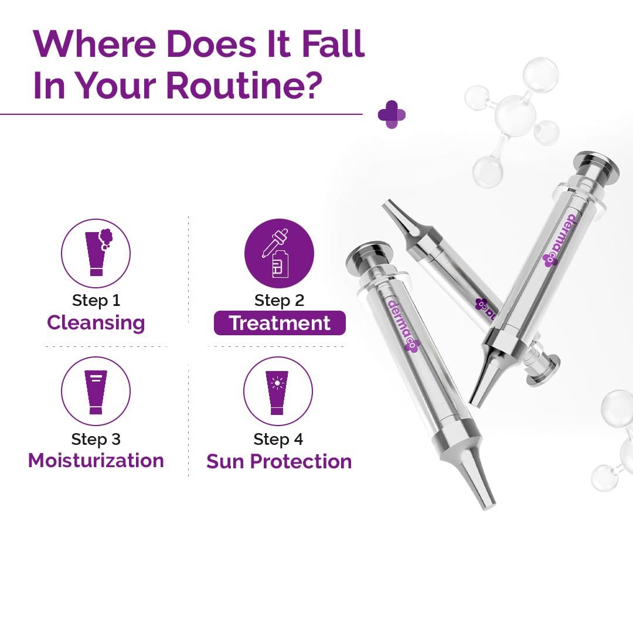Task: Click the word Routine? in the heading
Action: pyautogui.click(x=244, y=85)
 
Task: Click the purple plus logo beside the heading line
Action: pyautogui.click(x=392, y=115)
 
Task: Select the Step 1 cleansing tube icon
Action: pyautogui.click(x=96, y=253)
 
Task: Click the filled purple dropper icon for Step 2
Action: pyautogui.click(x=279, y=253)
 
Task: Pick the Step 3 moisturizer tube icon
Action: pyautogui.click(x=96, y=391)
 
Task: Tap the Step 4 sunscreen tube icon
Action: pyautogui.click(x=278, y=391)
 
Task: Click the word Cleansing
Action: pyautogui.click(x=96, y=324)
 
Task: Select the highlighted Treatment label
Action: pyautogui.click(x=280, y=323)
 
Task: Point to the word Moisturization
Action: pyautogui.click(x=96, y=461)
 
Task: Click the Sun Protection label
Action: pyautogui.click(x=279, y=461)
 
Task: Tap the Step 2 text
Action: pyautogui.click(x=279, y=301)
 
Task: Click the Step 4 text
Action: pyautogui.click(x=278, y=439)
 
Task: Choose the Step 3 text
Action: pyautogui.click(x=96, y=439)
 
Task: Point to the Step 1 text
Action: pyautogui.click(x=96, y=301)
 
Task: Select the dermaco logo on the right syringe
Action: pyautogui.click(x=561, y=240)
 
